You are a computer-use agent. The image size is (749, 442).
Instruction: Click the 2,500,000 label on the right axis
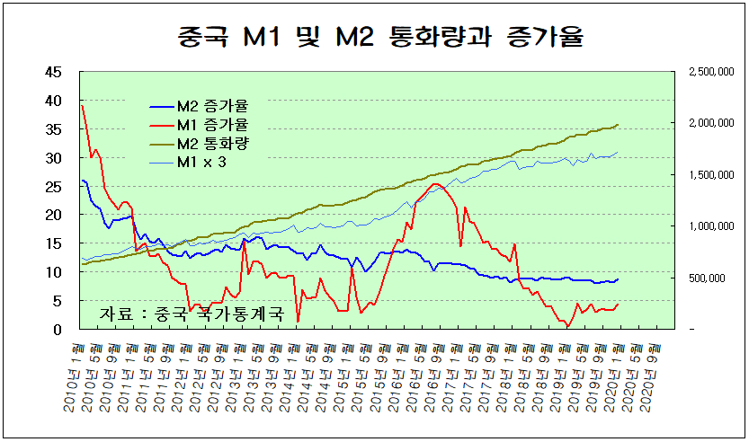coord(709,73)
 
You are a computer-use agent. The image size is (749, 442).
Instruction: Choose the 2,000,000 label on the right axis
coord(709,124)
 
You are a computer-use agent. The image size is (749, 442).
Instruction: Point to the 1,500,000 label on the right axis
coord(709,175)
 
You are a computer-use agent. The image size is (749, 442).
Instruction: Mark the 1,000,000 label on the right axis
coord(709,226)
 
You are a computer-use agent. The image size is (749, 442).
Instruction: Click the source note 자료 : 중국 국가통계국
coord(192,314)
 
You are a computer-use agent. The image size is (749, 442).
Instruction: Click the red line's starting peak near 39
coord(82,106)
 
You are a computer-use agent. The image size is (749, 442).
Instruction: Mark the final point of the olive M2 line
coord(618,125)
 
